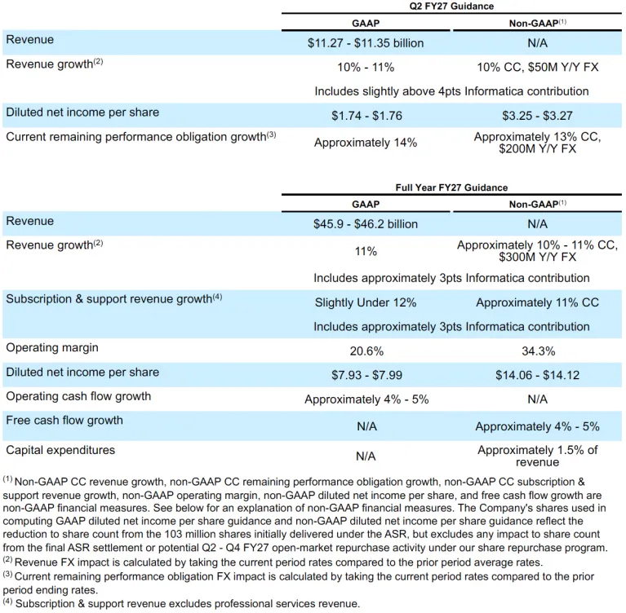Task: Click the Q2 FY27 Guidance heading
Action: (451, 6)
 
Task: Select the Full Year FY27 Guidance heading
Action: (451, 187)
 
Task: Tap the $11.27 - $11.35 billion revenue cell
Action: (366, 43)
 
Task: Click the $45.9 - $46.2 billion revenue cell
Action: (366, 224)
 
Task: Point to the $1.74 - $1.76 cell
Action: (367, 116)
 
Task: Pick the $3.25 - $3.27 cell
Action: (537, 116)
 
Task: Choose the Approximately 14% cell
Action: (366, 143)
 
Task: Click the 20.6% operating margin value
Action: (366, 351)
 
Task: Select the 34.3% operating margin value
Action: (538, 351)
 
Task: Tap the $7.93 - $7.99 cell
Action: (367, 375)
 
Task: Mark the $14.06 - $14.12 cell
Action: (537, 375)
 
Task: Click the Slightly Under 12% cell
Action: (366, 302)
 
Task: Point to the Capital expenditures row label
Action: (60, 450)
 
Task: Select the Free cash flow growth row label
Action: (64, 421)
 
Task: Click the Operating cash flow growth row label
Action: (78, 396)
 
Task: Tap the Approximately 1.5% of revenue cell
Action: (537, 456)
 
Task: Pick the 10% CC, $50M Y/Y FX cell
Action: (537, 67)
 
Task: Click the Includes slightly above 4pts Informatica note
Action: (451, 91)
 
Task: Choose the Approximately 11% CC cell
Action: (537, 302)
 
